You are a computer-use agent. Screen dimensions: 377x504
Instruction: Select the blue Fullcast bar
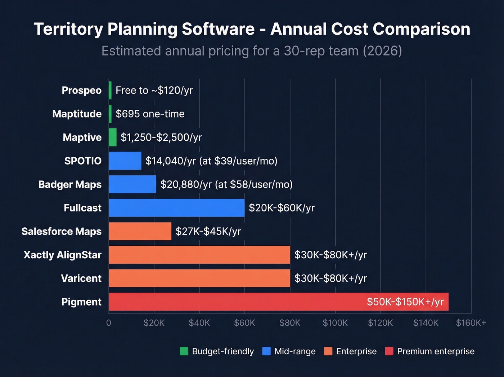[x=176, y=208]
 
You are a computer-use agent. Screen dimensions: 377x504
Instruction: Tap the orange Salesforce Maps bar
[x=140, y=231]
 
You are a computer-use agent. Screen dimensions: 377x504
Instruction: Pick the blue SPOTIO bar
[x=125, y=161]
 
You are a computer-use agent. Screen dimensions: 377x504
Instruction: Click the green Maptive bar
[x=113, y=137]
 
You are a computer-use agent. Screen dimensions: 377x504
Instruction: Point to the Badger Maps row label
[x=70, y=184]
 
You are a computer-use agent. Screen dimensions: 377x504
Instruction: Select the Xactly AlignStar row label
[x=62, y=255]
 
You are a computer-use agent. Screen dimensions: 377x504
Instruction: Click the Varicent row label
[x=81, y=278]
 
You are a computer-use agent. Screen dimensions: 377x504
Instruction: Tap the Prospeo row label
[x=81, y=90]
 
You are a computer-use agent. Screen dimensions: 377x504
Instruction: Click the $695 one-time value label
[x=150, y=114]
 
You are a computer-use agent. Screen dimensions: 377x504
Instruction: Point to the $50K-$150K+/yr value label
[x=405, y=302]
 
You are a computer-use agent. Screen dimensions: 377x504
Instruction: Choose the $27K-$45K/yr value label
[x=208, y=231]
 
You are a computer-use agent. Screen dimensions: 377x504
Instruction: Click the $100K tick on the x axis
[x=335, y=323]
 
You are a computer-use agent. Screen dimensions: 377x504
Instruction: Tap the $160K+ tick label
[x=471, y=323]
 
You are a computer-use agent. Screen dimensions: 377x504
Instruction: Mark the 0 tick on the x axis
[x=109, y=323]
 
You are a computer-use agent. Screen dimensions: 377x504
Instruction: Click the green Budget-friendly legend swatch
[x=184, y=351]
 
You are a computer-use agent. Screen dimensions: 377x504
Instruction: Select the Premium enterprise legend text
[x=436, y=351]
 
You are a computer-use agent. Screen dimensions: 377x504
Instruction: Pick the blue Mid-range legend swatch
[x=266, y=351]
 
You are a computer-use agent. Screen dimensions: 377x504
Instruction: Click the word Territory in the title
[x=68, y=29]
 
